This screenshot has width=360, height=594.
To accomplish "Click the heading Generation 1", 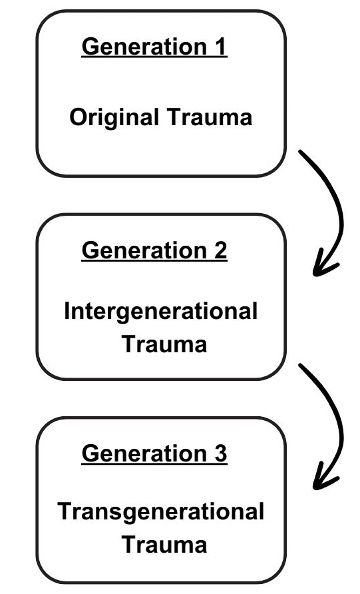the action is tap(154, 47).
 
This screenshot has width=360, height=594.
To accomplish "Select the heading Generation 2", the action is tap(154, 251).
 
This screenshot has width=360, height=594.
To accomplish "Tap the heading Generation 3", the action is tap(154, 453).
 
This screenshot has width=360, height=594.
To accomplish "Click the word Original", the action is tap(114, 118).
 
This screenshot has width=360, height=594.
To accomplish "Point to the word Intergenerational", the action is tap(161, 312).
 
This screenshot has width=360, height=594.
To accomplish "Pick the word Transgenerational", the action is tap(161, 512).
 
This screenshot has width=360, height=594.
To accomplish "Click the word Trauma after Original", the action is tap(210, 117).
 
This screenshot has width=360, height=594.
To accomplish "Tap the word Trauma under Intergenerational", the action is tap(164, 344).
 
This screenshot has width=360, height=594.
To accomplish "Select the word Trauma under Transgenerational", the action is tap(164, 544).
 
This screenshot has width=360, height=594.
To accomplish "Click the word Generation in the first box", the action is tap(144, 47).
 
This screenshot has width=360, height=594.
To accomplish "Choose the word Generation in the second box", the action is tap(144, 251).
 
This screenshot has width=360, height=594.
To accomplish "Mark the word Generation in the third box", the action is tap(144, 453).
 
